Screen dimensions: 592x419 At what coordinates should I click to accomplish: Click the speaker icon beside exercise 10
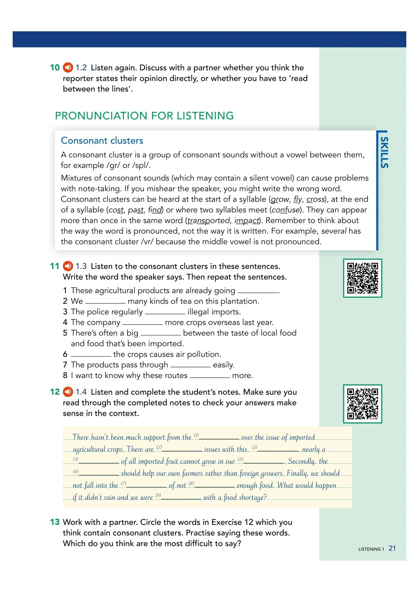[68, 67]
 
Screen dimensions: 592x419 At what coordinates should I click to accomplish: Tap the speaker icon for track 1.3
[68, 266]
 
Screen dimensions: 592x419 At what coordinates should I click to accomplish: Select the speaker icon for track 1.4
[68, 392]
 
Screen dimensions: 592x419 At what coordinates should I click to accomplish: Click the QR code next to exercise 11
[362, 278]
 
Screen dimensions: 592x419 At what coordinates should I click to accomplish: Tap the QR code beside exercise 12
[362, 404]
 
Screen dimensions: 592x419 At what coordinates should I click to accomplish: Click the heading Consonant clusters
[102, 141]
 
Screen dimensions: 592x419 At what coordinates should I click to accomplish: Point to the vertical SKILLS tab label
[384, 152]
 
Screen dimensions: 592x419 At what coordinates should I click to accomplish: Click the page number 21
[392, 548]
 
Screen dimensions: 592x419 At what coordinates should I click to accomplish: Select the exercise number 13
[55, 522]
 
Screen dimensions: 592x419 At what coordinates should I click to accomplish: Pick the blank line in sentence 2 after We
[105, 302]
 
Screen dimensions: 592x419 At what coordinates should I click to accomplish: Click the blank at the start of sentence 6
[91, 355]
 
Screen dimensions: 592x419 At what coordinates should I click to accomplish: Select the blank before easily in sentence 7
[190, 365]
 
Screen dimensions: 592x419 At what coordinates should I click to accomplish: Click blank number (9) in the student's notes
[181, 498]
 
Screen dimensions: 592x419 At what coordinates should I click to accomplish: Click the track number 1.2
[81, 67]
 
